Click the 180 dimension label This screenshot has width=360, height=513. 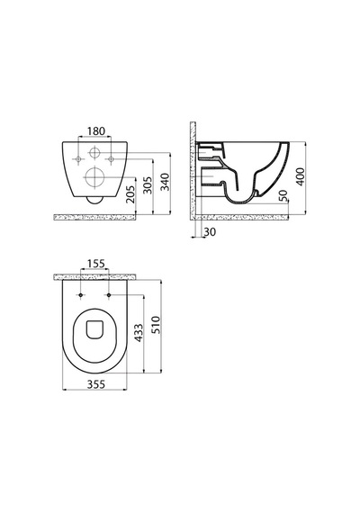click(x=96, y=131)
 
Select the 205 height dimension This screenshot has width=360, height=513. click(x=130, y=194)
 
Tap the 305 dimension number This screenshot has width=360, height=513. click(x=148, y=185)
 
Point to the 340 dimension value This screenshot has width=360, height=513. click(x=166, y=182)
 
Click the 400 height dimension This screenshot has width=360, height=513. click(x=300, y=176)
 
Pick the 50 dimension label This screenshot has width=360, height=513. click(x=283, y=195)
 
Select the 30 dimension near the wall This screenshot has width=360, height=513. click(x=210, y=232)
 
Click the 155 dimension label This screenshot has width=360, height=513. click(x=96, y=264)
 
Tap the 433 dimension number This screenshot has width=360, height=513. click(x=139, y=333)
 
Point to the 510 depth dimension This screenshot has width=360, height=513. click(x=157, y=325)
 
